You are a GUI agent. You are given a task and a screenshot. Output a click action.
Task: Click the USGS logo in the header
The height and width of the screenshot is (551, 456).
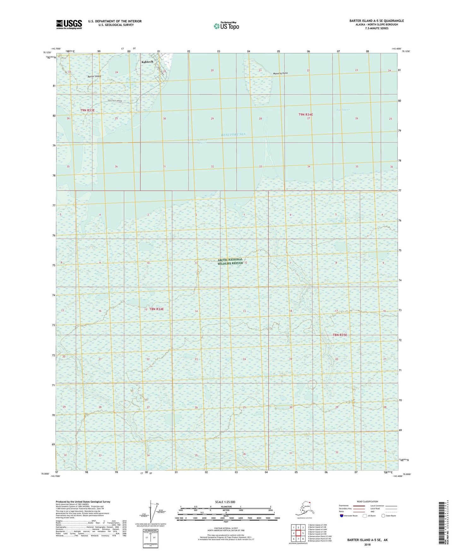click(x=69, y=24)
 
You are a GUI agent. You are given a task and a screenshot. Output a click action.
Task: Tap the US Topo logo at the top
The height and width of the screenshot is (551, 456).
click(x=226, y=26)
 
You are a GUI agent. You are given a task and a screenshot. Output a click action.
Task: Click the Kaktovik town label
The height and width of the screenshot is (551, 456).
click(x=147, y=62)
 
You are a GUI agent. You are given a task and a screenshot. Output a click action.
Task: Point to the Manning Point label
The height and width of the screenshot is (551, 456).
click(x=280, y=74)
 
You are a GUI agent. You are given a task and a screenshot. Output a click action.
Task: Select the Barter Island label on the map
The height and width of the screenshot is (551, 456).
click(x=94, y=76)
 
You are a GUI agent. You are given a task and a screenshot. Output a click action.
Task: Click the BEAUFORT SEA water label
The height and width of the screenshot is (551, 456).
click(x=233, y=134)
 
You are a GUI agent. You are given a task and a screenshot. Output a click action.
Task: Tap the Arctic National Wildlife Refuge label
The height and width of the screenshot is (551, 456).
click(x=230, y=261)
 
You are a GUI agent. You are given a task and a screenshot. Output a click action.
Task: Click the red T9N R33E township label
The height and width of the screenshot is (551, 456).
click(x=87, y=110)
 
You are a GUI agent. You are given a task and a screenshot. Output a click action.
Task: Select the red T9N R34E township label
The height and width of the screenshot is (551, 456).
click(x=306, y=115)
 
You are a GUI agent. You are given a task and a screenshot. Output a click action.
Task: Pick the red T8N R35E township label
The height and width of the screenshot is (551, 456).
click(x=340, y=335)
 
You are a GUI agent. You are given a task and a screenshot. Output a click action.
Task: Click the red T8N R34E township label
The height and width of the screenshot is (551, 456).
click(x=157, y=309)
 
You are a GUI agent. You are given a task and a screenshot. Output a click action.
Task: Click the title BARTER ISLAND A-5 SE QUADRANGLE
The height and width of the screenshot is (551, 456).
click(x=376, y=21)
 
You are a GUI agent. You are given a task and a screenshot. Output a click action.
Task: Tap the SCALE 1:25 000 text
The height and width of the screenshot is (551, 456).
click(x=225, y=502)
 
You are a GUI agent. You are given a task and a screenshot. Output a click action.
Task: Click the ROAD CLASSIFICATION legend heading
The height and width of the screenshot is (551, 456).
click(x=367, y=501)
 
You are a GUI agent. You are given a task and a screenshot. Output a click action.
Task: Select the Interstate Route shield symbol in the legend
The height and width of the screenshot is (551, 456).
click(x=341, y=516)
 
